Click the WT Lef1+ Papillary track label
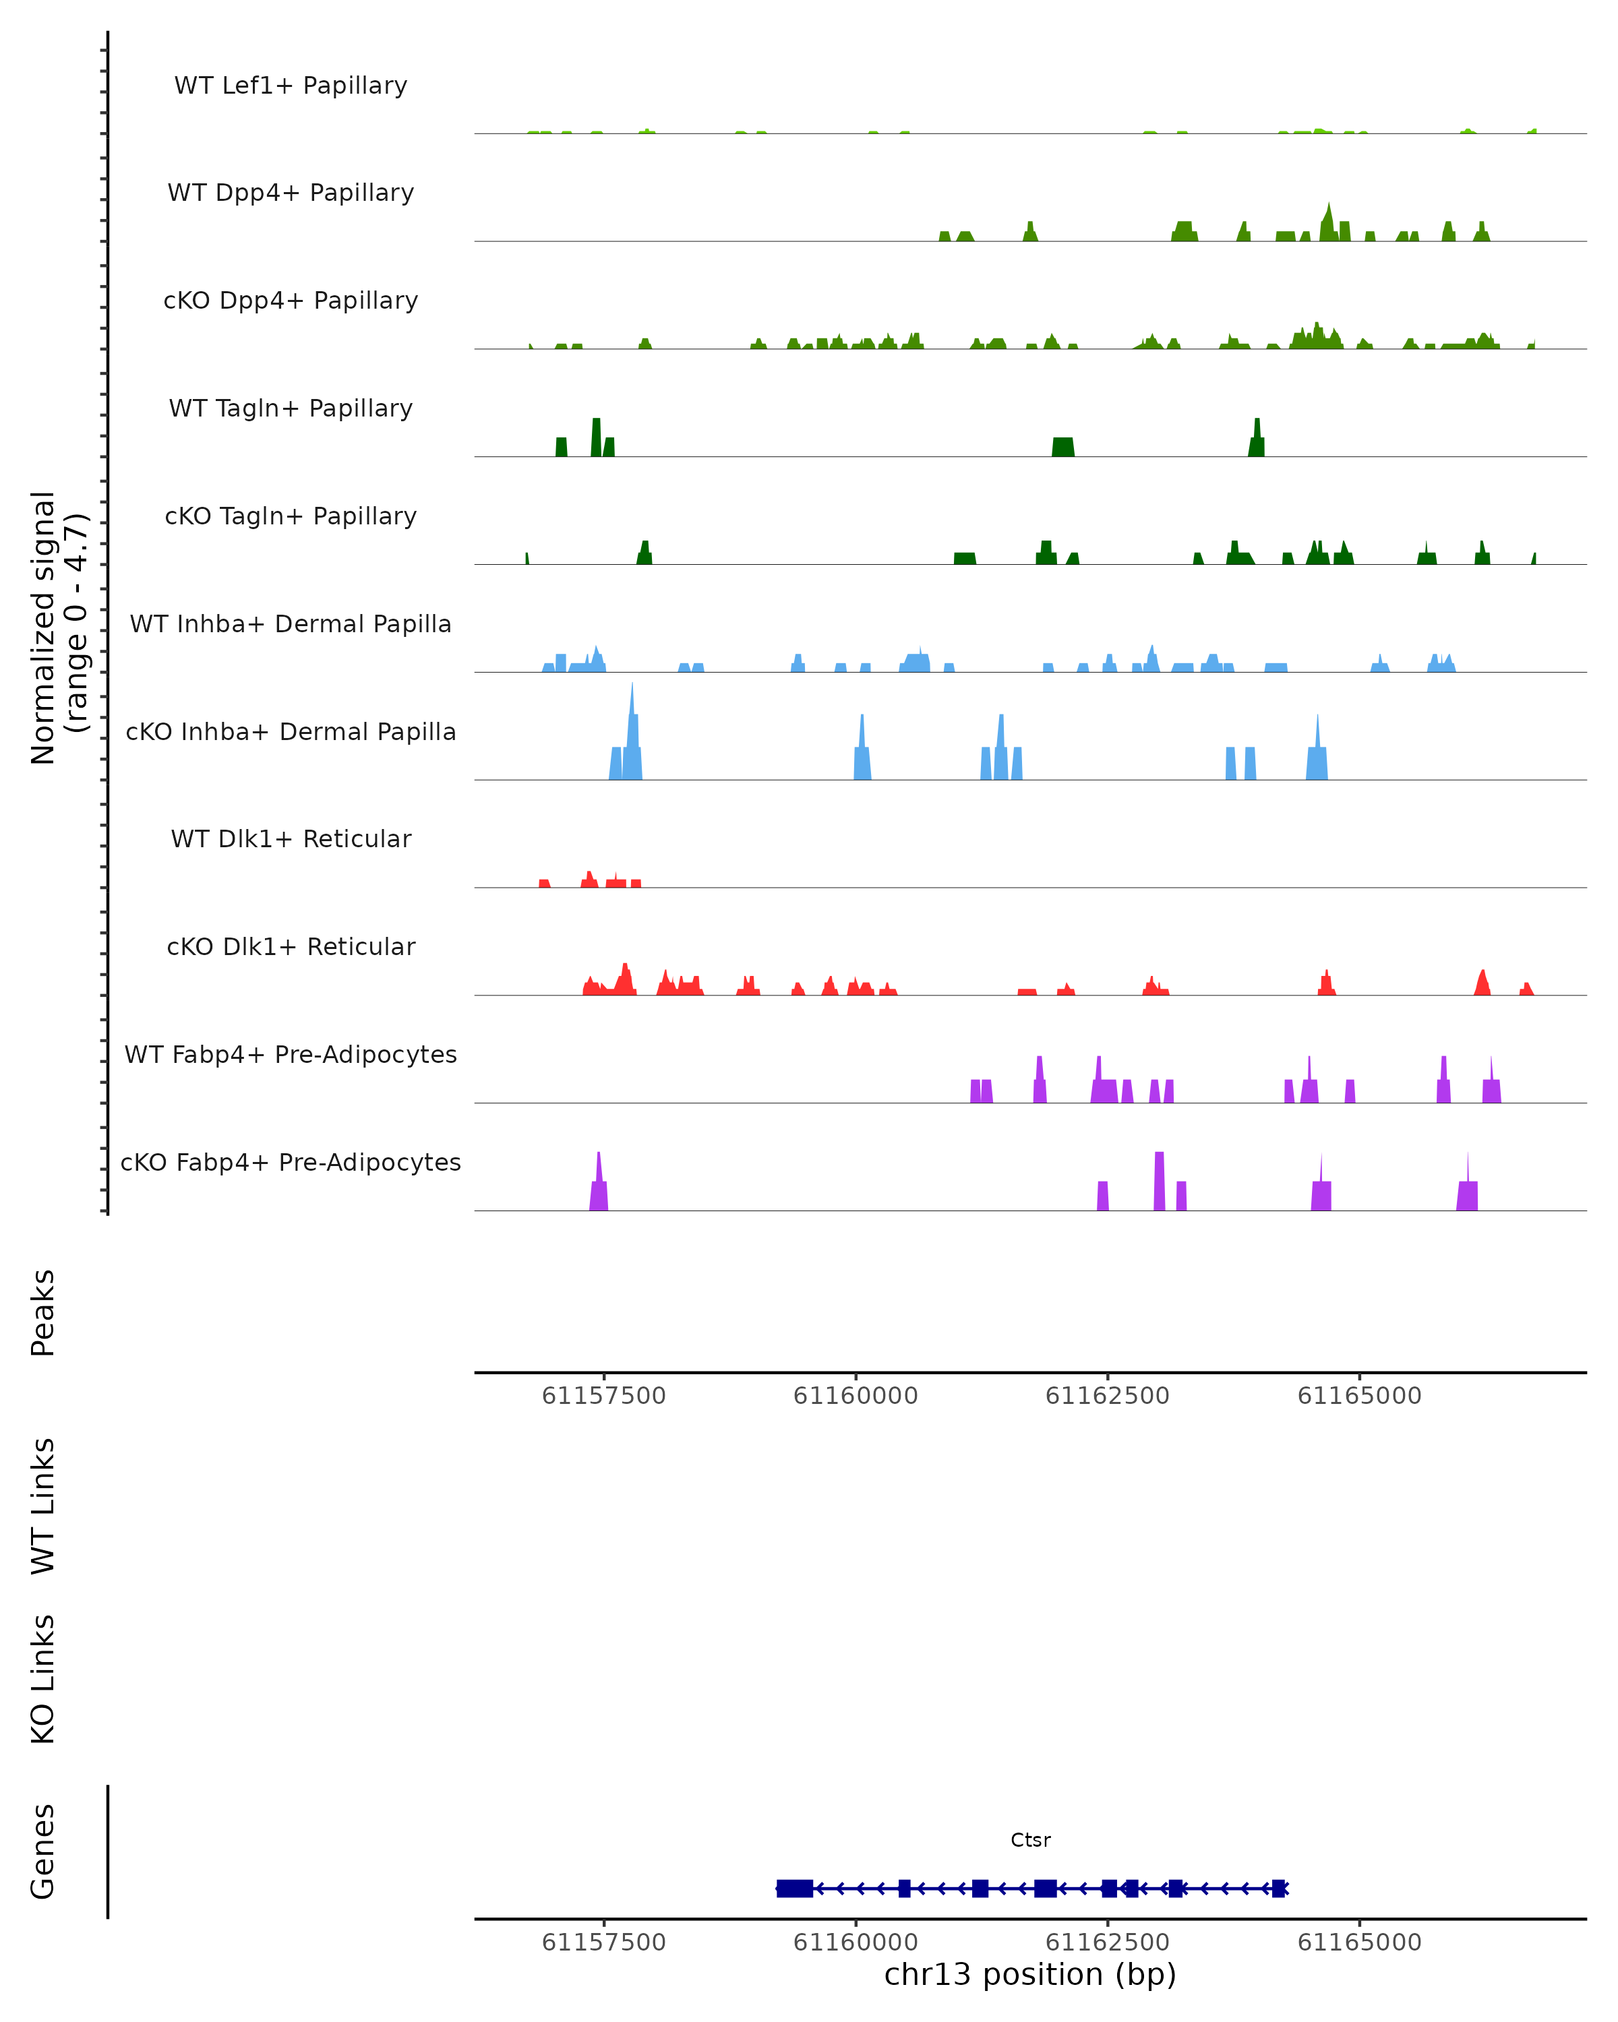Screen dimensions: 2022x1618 tap(291, 86)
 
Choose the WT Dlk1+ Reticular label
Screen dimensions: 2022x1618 tap(291, 839)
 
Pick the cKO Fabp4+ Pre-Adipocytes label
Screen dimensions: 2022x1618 tap(291, 1163)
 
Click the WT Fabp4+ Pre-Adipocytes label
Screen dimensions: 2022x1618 tap(291, 1055)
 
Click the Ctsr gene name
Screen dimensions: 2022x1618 tap(1030, 1840)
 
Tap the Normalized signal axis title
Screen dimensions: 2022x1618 tap(58, 627)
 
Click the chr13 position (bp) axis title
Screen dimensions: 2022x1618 tap(1030, 1974)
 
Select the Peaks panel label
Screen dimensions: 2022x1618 tap(43, 1313)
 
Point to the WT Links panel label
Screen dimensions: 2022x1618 tap(43, 1505)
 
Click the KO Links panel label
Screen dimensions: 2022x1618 tap(43, 1680)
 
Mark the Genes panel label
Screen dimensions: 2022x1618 tap(43, 1851)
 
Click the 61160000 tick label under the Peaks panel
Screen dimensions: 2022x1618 tap(856, 1396)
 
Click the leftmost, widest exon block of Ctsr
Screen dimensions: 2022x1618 tap(794, 1889)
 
